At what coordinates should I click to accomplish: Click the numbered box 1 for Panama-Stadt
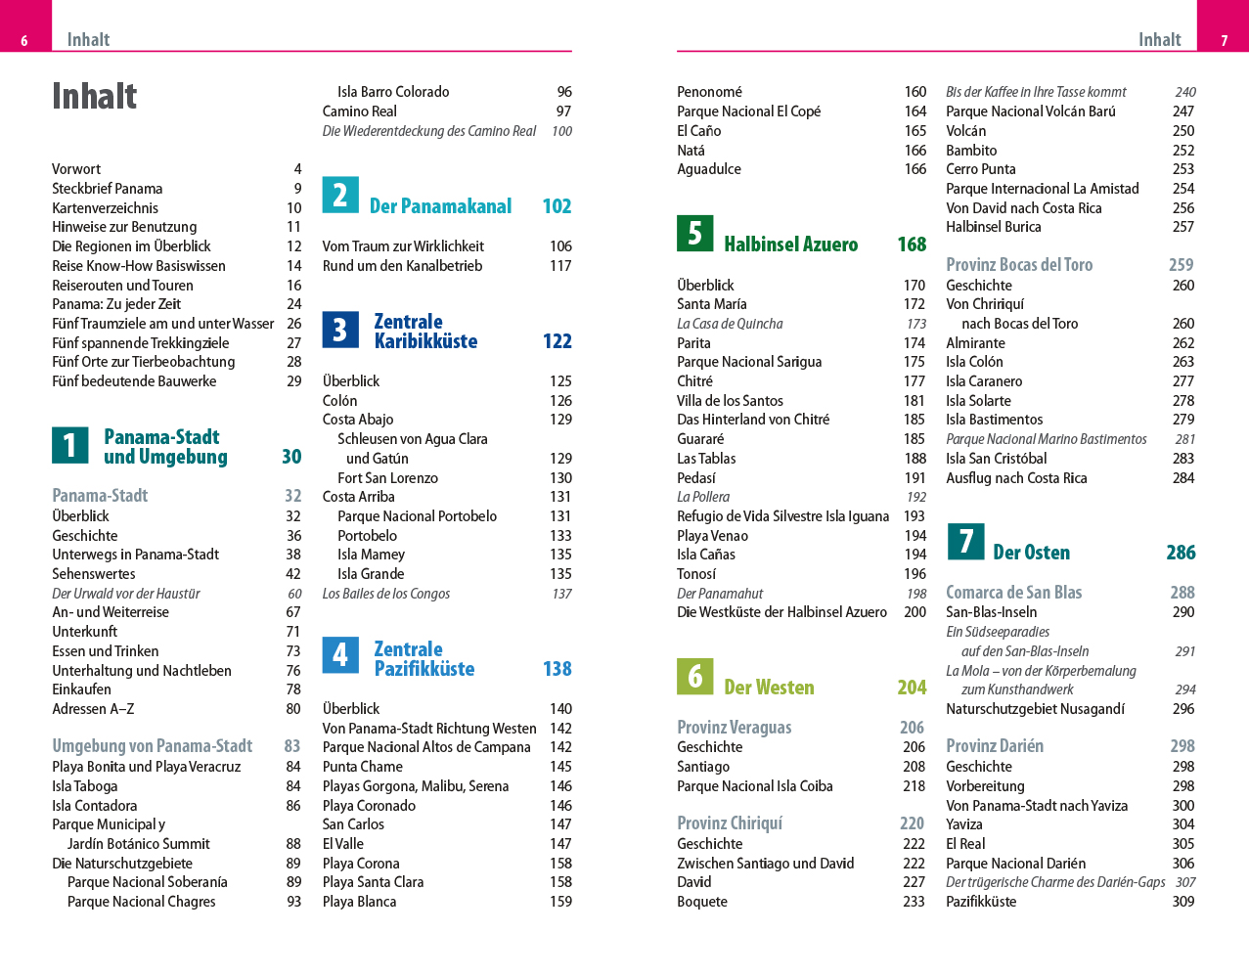coord(69,445)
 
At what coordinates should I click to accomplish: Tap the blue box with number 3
coord(340,330)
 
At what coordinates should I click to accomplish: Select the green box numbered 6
coord(694,676)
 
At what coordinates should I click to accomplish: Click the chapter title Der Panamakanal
coord(440,206)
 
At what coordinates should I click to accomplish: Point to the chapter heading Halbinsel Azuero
coord(790,244)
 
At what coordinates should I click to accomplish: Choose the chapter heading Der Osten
coord(1031,553)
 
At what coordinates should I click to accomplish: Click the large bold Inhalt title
coord(94,96)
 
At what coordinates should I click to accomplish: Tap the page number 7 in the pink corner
coord(1224,40)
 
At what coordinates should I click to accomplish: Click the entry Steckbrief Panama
coord(108,189)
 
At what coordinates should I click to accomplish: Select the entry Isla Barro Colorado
coord(393,92)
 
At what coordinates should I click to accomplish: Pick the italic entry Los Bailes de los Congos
coord(386,594)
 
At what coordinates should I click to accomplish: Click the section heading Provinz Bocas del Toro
coord(1019,265)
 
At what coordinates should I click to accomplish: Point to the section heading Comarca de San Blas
coord(1013,593)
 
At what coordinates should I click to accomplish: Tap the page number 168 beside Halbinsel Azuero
coord(912,244)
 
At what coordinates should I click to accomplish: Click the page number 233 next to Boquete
coord(914,902)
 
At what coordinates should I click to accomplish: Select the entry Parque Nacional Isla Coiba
coord(755,786)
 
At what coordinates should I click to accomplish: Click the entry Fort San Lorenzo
coord(387,478)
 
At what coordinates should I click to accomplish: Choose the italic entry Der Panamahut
coord(720,594)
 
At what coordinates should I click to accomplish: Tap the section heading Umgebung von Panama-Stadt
coord(153,746)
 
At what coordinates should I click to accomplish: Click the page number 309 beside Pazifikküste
coord(1183,902)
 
